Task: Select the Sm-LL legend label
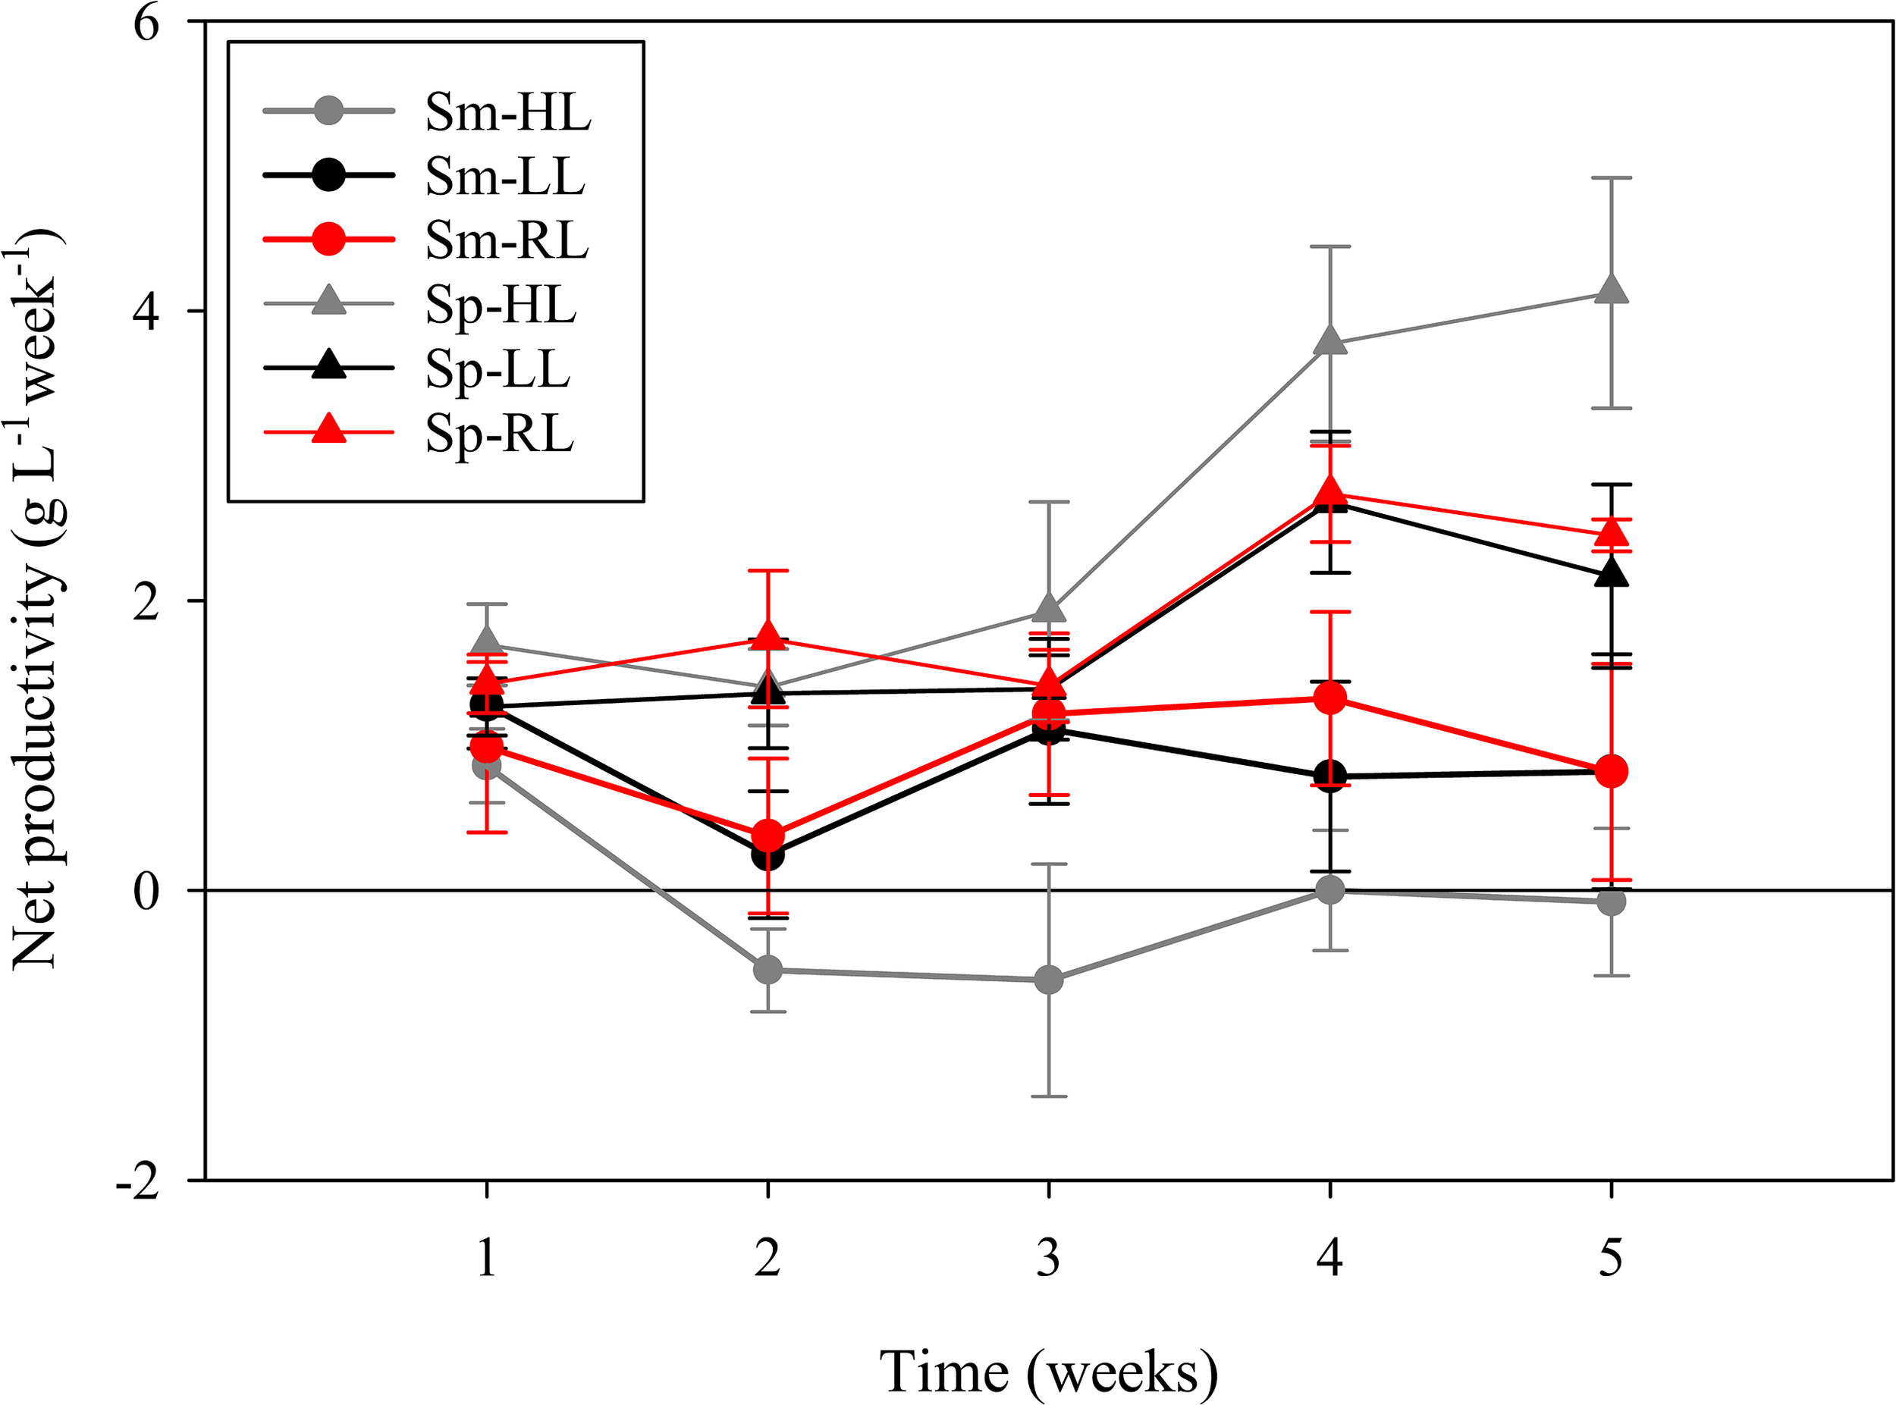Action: tap(504, 177)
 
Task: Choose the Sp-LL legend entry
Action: tap(498, 370)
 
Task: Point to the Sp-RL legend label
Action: tap(499, 434)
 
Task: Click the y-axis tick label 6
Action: tap(146, 24)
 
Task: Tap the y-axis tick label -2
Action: tap(138, 1183)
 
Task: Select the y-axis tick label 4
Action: tap(146, 313)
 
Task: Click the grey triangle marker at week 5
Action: tap(1611, 289)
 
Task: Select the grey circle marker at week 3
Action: tap(1049, 980)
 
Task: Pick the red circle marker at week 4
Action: tap(1330, 698)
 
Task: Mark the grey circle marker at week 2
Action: tap(768, 970)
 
